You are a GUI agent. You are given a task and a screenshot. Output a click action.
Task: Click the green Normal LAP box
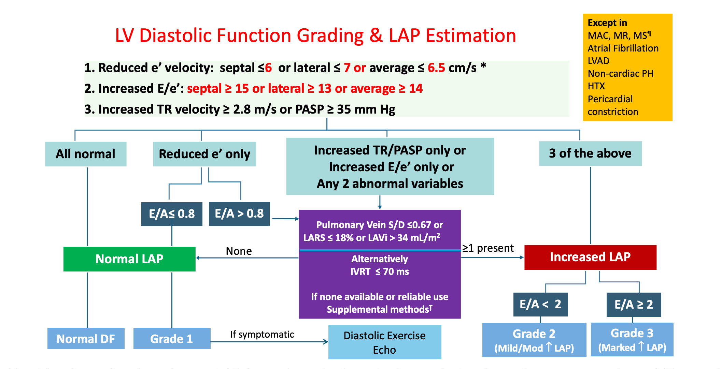pyautogui.click(x=129, y=259)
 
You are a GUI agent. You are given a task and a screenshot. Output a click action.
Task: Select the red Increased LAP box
pyautogui.click(x=590, y=257)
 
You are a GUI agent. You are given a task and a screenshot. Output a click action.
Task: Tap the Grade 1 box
pyautogui.click(x=172, y=339)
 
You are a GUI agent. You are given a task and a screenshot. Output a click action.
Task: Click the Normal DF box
pyautogui.click(x=86, y=339)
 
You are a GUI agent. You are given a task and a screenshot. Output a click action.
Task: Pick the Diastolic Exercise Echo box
pyautogui.click(x=384, y=342)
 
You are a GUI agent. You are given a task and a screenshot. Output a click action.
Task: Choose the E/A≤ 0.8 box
pyautogui.click(x=172, y=214)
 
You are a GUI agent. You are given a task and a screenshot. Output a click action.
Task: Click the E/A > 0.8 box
pyautogui.click(x=239, y=214)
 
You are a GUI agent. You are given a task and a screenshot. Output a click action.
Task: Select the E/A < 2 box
pyautogui.click(x=540, y=304)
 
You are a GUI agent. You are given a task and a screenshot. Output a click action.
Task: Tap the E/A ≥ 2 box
pyautogui.click(x=634, y=304)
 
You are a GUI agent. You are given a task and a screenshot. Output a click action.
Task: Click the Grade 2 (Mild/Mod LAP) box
pyautogui.click(x=534, y=340)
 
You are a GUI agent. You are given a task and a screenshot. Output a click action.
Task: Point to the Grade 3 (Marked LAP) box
pyautogui.click(x=632, y=340)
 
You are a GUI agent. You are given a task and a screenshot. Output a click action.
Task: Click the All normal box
pyautogui.click(x=86, y=154)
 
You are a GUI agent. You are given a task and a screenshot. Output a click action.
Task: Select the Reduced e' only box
pyautogui.click(x=204, y=154)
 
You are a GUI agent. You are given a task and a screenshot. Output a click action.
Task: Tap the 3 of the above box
pyautogui.click(x=590, y=153)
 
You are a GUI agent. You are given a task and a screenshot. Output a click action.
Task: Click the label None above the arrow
pyautogui.click(x=239, y=251)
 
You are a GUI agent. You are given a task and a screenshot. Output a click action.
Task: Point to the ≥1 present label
pyautogui.click(x=488, y=248)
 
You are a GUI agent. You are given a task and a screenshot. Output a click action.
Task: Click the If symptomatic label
pyautogui.click(x=262, y=334)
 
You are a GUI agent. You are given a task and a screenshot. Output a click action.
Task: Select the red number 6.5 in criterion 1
pyautogui.click(x=436, y=68)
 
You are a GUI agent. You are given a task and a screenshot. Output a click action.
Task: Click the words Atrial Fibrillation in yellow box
pyautogui.click(x=623, y=48)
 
